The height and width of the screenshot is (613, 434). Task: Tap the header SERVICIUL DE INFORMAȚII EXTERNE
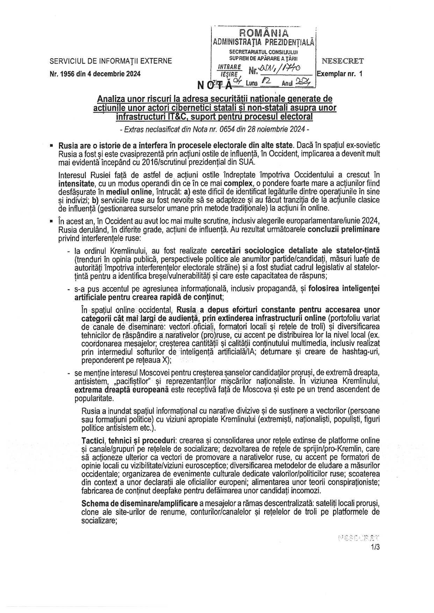(111, 61)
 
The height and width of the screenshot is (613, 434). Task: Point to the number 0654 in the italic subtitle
(231, 129)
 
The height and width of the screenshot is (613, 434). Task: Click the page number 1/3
(376, 548)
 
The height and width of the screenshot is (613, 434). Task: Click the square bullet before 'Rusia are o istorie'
(52, 145)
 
